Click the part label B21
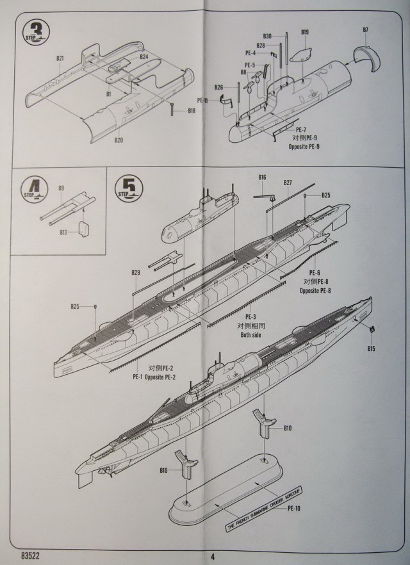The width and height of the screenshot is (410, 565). [x=60, y=58]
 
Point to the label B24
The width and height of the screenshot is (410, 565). [x=144, y=56]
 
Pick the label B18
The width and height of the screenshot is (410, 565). [x=192, y=110]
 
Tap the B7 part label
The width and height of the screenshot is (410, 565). [x=365, y=30]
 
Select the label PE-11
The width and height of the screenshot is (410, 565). [x=202, y=100]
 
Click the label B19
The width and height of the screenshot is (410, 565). [x=305, y=32]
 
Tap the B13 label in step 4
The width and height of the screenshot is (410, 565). [x=63, y=232]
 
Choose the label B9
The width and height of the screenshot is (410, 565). [x=61, y=188]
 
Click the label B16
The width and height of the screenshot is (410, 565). [x=262, y=177]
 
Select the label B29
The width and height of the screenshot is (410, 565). [x=136, y=274]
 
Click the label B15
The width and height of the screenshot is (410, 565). [x=372, y=348]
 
